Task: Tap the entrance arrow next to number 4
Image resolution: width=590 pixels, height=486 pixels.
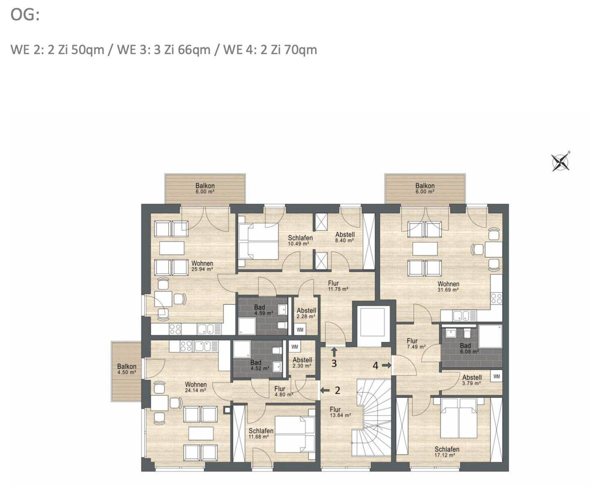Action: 386,365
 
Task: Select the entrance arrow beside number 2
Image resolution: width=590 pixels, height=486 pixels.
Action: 324,390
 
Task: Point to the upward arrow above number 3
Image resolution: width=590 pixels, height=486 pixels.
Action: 334,353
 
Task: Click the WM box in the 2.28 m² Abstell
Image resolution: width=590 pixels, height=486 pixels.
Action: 300,329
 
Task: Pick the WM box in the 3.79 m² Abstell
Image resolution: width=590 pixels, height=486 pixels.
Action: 497,376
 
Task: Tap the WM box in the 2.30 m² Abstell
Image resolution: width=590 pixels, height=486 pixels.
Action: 295,346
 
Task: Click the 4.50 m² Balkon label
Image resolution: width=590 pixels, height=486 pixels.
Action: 127,369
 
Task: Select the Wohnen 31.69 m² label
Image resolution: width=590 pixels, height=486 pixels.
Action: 448,286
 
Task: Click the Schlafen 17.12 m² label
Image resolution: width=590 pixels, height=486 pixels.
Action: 447,451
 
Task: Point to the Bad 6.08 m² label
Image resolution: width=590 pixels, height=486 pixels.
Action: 469,348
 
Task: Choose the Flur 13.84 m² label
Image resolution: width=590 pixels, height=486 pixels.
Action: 340,412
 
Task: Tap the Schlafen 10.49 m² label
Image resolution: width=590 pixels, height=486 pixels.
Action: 300,241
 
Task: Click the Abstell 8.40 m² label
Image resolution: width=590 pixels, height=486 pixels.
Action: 345,237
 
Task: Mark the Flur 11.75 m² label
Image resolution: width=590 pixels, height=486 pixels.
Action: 338,286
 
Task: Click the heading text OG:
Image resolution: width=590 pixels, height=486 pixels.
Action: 25,15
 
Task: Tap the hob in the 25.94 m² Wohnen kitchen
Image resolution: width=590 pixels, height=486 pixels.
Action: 175,329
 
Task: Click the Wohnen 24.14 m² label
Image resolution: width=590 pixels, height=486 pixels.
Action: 195,387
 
